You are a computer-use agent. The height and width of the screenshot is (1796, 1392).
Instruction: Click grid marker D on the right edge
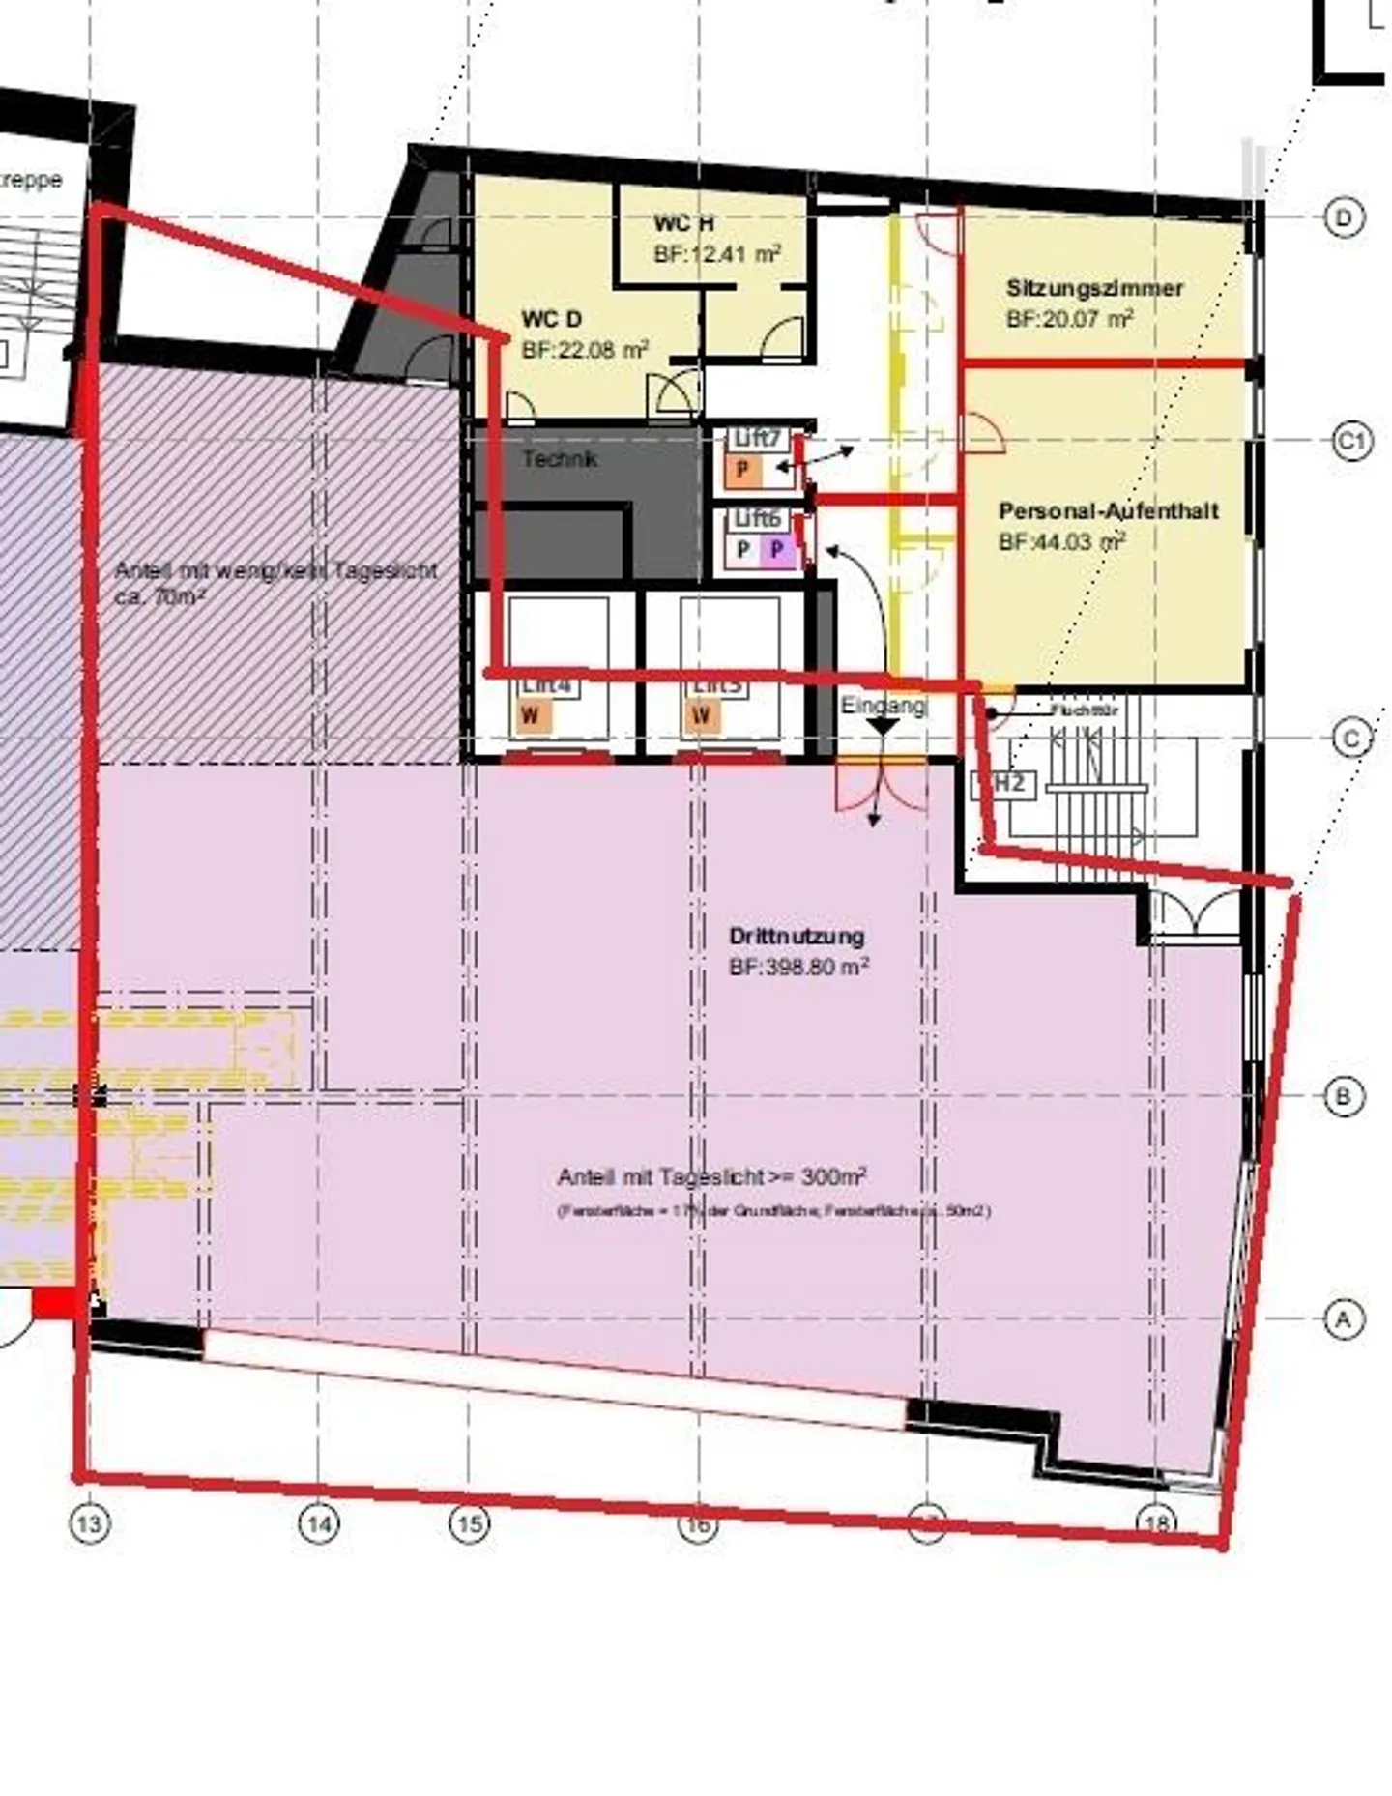click(1344, 217)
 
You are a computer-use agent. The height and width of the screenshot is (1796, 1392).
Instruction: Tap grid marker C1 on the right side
click(1352, 443)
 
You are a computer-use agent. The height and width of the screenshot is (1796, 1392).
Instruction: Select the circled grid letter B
click(1343, 1097)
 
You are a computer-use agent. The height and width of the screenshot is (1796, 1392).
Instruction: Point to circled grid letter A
click(1343, 1318)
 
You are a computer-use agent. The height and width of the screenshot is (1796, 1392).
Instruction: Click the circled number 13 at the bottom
click(89, 1523)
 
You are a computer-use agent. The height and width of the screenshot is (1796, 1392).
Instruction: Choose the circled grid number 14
click(320, 1524)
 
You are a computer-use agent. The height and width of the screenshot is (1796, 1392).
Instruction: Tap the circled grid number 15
click(470, 1524)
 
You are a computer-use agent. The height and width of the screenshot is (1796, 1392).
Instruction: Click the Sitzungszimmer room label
click(1094, 288)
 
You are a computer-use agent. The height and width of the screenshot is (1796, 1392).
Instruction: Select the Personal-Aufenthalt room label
click(1108, 510)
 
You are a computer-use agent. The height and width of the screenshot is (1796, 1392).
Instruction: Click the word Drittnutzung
click(797, 936)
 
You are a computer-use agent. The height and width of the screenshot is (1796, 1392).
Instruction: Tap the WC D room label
click(551, 319)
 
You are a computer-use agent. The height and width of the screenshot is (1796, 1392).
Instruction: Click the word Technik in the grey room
click(560, 458)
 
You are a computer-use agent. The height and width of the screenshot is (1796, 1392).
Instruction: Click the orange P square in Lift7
click(743, 471)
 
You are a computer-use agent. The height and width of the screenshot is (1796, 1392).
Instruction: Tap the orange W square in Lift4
click(531, 716)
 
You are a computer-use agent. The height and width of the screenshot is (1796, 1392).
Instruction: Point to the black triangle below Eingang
click(883, 726)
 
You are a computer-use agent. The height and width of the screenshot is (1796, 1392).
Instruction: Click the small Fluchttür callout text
click(1085, 710)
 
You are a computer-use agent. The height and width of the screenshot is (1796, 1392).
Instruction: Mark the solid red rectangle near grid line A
click(55, 1304)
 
